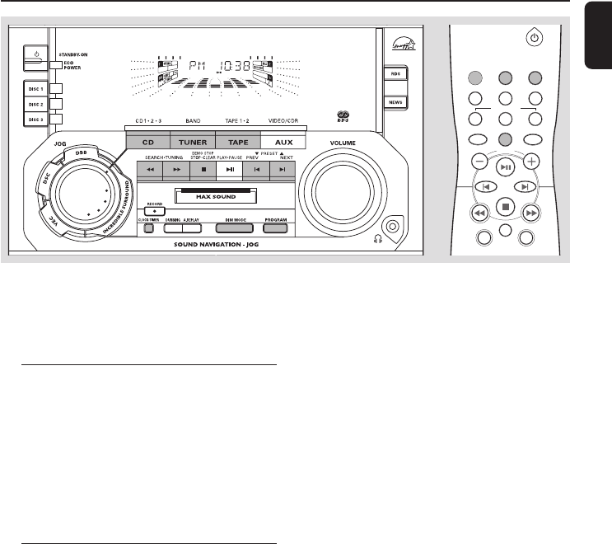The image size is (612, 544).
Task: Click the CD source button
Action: [148, 142]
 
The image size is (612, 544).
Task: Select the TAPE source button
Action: [238, 142]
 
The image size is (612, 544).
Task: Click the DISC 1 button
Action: [35, 89]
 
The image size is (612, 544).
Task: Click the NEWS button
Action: [396, 102]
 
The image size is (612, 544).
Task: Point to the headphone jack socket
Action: [395, 224]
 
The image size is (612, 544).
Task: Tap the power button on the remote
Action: [535, 38]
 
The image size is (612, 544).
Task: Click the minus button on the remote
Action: [479, 161]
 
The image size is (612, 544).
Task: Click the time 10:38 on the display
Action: [242, 65]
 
